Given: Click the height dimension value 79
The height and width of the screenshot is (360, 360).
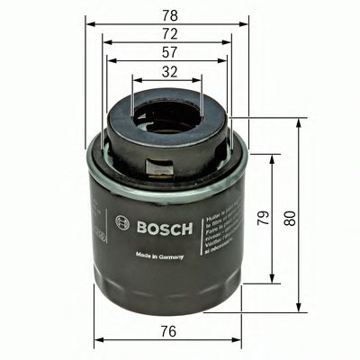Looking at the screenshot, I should [x=263, y=219].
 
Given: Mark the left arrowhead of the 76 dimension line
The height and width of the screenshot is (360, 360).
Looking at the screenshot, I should [x=95, y=339].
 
